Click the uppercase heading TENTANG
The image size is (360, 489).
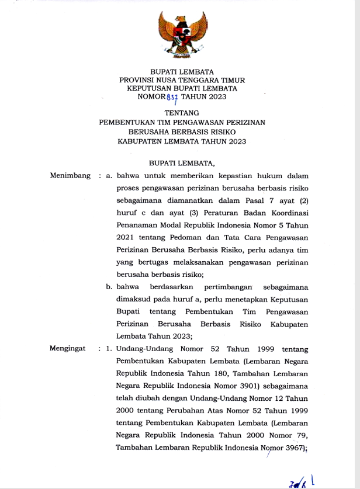182,112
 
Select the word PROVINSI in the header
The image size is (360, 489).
139,79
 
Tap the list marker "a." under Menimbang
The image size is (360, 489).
109,175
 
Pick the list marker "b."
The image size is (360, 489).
109,287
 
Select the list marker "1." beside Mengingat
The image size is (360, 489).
109,349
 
